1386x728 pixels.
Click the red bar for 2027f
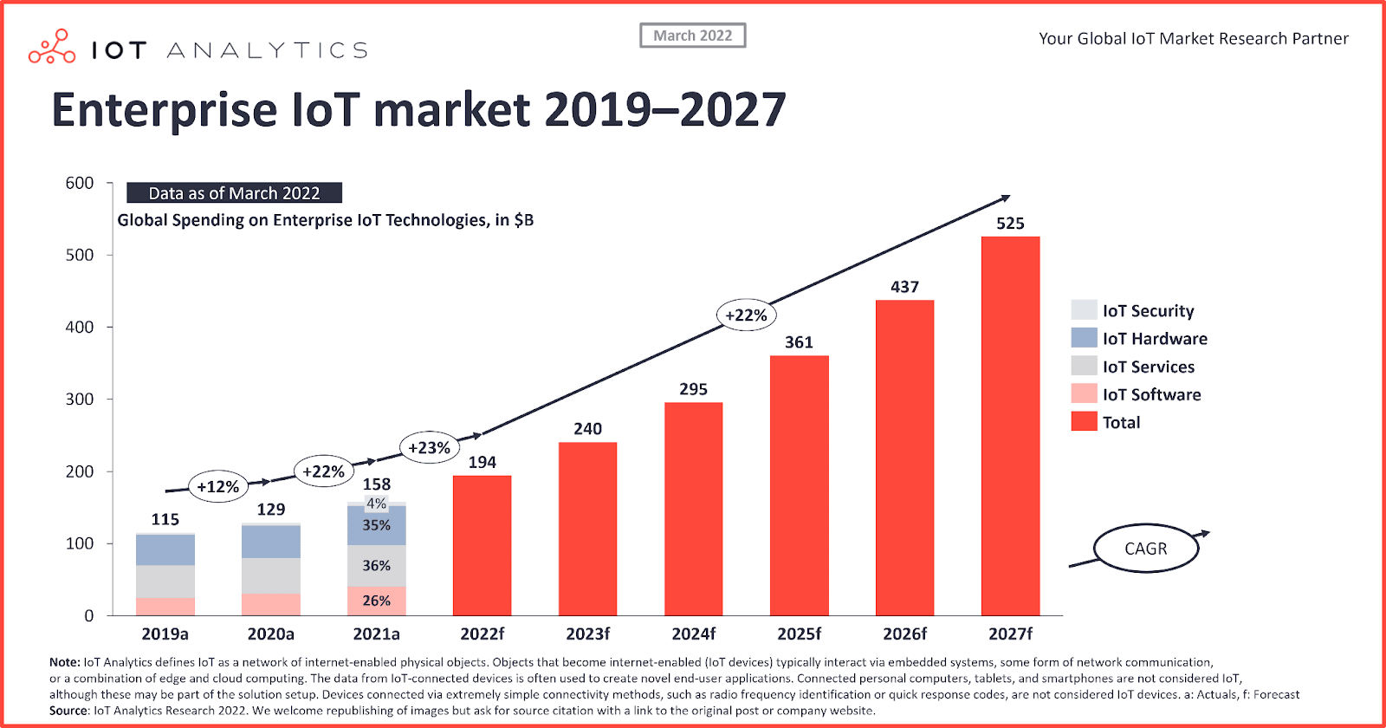tap(1010, 426)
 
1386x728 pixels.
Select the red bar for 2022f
tap(482, 545)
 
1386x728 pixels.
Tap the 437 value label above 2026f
tap(904, 287)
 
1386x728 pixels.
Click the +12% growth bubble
tap(217, 487)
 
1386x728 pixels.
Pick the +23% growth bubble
tap(429, 448)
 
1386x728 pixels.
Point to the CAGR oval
tap(1145, 549)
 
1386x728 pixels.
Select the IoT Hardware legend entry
tap(1154, 339)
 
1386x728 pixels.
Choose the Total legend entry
tap(1121, 422)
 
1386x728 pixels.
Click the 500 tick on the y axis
tap(79, 255)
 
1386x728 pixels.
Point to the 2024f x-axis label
tap(693, 634)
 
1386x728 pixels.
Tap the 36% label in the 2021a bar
tap(376, 566)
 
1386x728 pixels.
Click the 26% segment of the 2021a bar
tap(376, 601)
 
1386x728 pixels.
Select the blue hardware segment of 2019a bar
tap(165, 549)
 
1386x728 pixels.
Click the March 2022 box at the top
tap(692, 36)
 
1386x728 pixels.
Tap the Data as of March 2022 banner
tap(234, 193)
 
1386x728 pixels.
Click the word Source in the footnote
tap(68, 711)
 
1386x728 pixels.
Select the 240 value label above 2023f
tap(587, 429)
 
